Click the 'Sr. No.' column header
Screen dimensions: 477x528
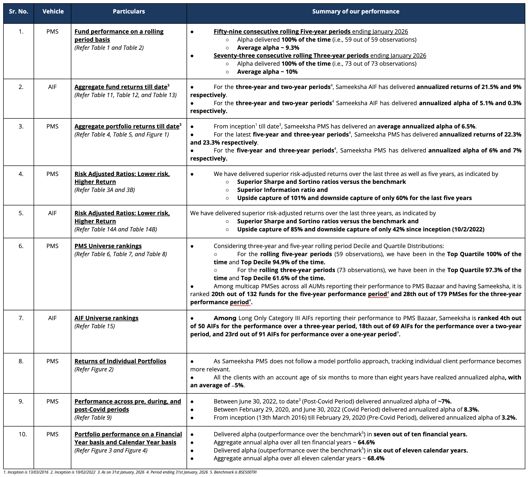click(18, 12)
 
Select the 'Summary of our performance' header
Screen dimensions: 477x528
click(355, 12)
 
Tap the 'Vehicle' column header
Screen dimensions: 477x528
click(53, 12)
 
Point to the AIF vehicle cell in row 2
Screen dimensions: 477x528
click(52, 87)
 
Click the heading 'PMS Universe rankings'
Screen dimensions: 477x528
click(108, 246)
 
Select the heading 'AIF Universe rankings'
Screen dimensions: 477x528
click(106, 318)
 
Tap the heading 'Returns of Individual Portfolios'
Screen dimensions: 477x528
click(120, 361)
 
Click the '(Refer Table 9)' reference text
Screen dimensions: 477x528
click(93, 417)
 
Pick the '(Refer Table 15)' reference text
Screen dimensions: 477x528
click(95, 326)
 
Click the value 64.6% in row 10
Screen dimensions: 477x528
click(366, 442)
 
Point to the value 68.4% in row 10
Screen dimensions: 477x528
click(376, 458)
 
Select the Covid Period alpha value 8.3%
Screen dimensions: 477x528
click(471, 409)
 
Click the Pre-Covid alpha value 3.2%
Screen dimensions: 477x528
click(509, 417)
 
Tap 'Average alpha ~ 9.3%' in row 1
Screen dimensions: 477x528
click(268, 48)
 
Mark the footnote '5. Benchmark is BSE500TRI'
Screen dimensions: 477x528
click(233, 472)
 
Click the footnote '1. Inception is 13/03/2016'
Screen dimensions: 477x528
click(26, 472)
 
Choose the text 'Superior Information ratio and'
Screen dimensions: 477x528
click(282, 190)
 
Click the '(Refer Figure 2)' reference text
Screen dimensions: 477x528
click(94, 369)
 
